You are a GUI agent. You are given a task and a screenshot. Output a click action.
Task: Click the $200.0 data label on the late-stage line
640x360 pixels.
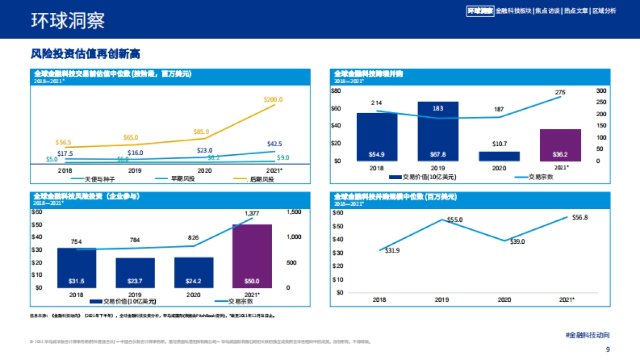[273, 100]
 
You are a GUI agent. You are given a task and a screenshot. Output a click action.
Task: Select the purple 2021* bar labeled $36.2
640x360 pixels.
[560, 145]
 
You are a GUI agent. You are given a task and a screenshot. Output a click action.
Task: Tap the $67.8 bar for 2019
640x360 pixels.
[438, 131]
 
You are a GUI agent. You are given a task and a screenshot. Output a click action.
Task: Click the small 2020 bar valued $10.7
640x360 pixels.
[499, 156]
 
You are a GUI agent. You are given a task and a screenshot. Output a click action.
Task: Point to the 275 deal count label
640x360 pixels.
[560, 92]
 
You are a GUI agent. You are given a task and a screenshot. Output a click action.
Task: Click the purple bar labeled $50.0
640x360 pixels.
[252, 256]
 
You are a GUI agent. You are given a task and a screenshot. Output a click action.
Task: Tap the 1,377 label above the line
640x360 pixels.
[252, 213]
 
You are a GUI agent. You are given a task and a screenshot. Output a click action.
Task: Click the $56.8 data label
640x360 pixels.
[579, 218]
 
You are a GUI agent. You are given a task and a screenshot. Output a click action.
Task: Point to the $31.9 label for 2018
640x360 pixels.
[392, 251]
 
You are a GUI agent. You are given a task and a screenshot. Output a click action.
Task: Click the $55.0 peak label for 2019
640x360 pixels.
[454, 220]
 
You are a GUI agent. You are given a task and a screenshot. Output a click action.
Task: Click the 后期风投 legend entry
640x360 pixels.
[261, 179]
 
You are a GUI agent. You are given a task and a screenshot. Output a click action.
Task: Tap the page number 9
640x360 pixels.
[607, 350]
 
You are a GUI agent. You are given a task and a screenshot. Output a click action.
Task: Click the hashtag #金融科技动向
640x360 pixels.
[587, 335]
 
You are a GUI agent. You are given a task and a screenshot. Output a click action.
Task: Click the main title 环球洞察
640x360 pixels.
[68, 20]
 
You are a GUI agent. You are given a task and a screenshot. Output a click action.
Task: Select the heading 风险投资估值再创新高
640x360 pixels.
[85, 54]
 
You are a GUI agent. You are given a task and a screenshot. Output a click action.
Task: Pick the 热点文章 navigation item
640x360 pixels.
[575, 11]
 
